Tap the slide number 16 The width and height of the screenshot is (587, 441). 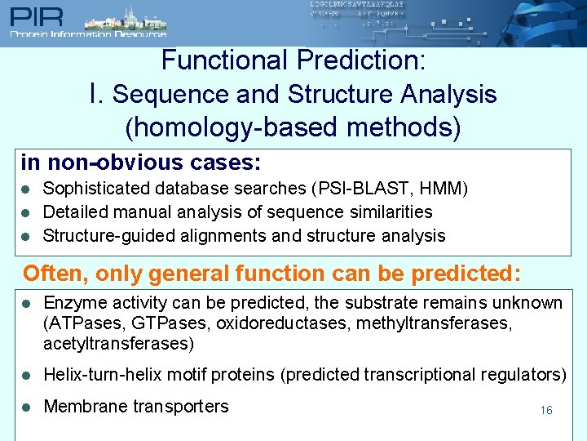tap(545, 410)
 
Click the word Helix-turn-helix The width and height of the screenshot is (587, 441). tap(100, 375)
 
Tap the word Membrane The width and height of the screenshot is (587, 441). tap(83, 407)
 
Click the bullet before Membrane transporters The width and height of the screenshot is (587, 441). tap(25, 407)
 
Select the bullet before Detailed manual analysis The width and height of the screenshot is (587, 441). tap(25, 212)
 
